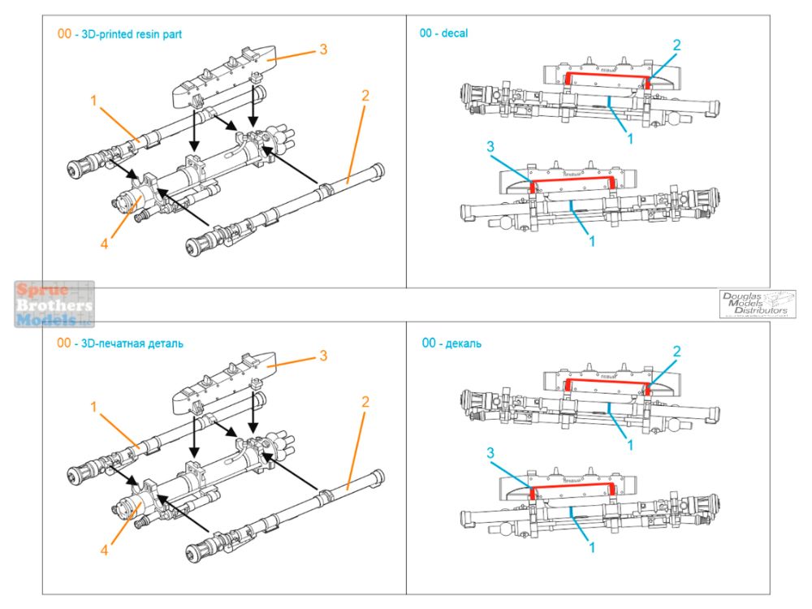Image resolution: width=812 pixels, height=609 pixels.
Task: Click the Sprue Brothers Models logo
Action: [x=54, y=304]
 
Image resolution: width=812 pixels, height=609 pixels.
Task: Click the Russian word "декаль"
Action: [x=463, y=343]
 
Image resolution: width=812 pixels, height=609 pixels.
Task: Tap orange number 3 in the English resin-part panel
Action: [x=322, y=50]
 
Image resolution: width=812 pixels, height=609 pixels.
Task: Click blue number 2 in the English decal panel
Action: [x=676, y=44]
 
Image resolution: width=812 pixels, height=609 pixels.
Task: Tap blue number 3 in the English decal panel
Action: [x=490, y=146]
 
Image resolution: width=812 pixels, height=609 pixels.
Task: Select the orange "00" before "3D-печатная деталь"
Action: [x=64, y=343]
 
